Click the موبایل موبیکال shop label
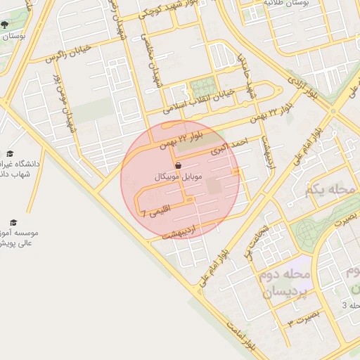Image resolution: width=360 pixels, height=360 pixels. [x=181, y=179]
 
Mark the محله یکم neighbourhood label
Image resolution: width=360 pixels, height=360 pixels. [x=328, y=190]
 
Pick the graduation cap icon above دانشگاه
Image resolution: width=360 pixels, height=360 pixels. [x=10, y=153]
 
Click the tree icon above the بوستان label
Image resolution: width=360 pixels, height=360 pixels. [x=5, y=24]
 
